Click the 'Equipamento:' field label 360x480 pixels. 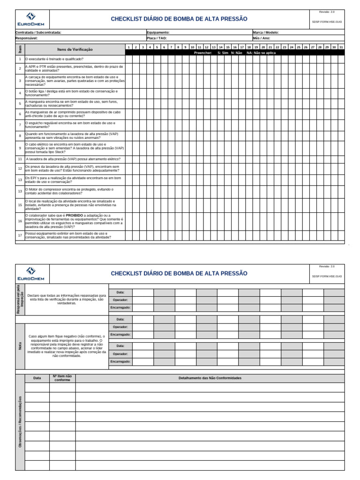coord(157,32)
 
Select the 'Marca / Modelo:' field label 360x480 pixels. coord(265,32)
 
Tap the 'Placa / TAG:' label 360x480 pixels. coord(157,38)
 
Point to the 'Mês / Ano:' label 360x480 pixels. coord(261,38)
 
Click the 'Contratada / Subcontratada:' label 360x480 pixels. coord(38,32)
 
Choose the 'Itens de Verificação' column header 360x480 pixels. coord(75,49)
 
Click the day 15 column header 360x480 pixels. coord(228,47)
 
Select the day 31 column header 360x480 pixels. coord(341,47)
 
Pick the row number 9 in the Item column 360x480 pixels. coord(20,148)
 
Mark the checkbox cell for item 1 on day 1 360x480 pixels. coord(128,59)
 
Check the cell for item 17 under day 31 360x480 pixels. coord(341,235)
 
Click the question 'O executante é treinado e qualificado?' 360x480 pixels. coord(53,59)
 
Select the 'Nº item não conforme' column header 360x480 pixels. coord(62,378)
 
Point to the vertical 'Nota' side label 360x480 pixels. coord(20,346)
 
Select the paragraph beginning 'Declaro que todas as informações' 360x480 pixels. coord(67,300)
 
